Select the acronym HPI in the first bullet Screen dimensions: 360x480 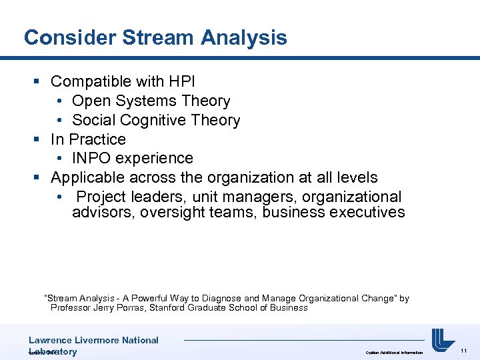[183, 81]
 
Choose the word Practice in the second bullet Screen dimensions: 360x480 [97, 139]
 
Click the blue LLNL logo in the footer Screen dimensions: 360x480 [443, 340]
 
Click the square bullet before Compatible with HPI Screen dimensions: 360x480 [37, 81]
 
